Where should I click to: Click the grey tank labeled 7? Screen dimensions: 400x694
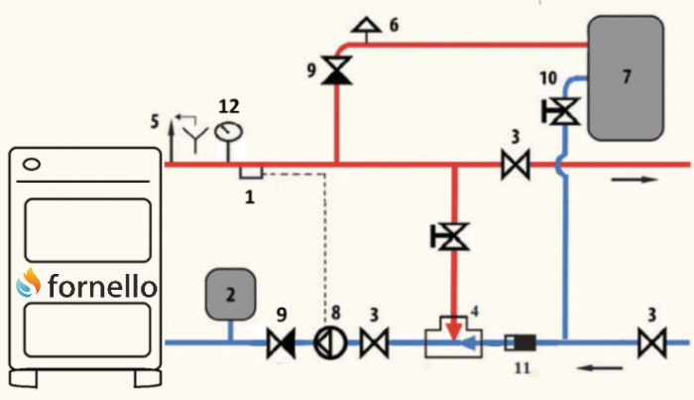[x=626, y=76]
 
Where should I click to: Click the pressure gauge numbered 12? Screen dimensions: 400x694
[x=229, y=131]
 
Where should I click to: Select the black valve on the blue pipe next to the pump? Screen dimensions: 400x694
[x=281, y=343]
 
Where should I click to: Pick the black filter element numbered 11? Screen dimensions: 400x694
[x=521, y=343]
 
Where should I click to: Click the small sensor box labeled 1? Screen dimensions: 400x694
[x=250, y=172]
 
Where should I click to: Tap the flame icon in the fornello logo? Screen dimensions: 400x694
[x=29, y=285]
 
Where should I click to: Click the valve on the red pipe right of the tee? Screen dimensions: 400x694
[x=514, y=164]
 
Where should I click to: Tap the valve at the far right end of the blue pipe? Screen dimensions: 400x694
[x=651, y=343]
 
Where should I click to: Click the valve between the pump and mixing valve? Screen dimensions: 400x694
[x=374, y=343]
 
